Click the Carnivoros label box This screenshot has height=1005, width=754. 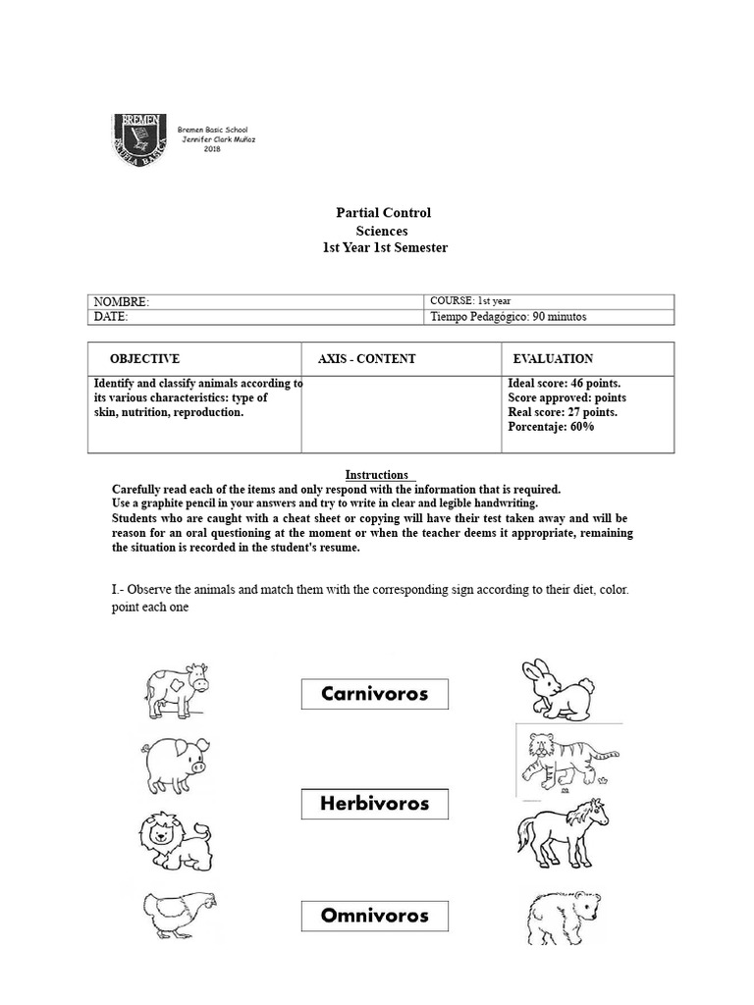[374, 694]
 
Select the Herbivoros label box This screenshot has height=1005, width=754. [374, 804]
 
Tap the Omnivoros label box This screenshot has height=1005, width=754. [374, 916]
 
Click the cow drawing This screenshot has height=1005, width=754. [176, 688]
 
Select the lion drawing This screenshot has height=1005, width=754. [174, 840]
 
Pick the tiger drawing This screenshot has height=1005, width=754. [566, 759]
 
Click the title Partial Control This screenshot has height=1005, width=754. [383, 213]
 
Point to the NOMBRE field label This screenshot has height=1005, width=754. [121, 302]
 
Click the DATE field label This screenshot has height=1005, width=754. [111, 317]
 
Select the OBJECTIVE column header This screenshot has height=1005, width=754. [144, 359]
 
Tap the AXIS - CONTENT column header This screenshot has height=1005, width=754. [366, 359]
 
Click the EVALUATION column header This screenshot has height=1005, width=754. [553, 359]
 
